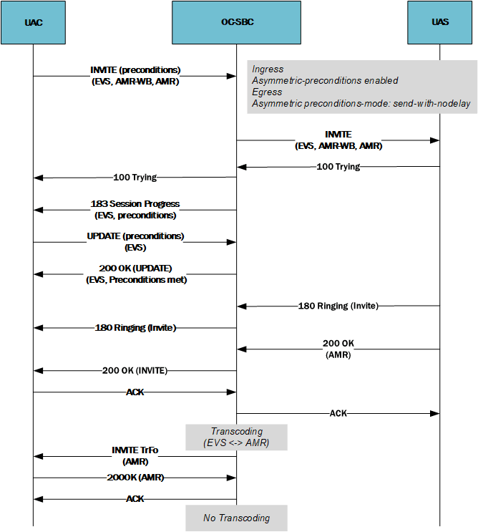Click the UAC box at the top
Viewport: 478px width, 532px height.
click(x=33, y=22)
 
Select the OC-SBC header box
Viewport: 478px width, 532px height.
click(x=237, y=22)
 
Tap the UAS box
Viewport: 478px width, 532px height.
click(x=440, y=22)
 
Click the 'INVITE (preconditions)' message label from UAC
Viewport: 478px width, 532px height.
click(x=135, y=70)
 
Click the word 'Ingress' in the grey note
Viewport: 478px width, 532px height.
click(x=268, y=69)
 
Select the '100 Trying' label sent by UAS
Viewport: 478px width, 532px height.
click(x=338, y=167)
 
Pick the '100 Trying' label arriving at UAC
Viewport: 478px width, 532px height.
click(x=135, y=177)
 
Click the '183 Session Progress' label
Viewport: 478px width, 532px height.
click(x=135, y=204)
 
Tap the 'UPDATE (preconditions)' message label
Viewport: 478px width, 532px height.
click(x=135, y=236)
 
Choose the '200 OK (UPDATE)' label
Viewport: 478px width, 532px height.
click(x=135, y=269)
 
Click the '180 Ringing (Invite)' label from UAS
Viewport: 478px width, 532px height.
click(x=338, y=306)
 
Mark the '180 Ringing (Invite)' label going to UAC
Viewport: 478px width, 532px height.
click(x=135, y=327)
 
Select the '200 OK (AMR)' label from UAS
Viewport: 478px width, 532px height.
click(x=338, y=349)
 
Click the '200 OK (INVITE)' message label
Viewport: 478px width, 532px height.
click(x=135, y=370)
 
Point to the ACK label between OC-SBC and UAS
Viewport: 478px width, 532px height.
click(x=338, y=413)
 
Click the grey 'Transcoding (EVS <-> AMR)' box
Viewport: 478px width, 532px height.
click(x=236, y=437)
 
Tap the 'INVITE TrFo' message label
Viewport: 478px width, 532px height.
click(x=135, y=450)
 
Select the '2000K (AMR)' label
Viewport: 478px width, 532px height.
click(x=135, y=477)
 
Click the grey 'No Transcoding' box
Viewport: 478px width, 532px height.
click(x=236, y=518)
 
